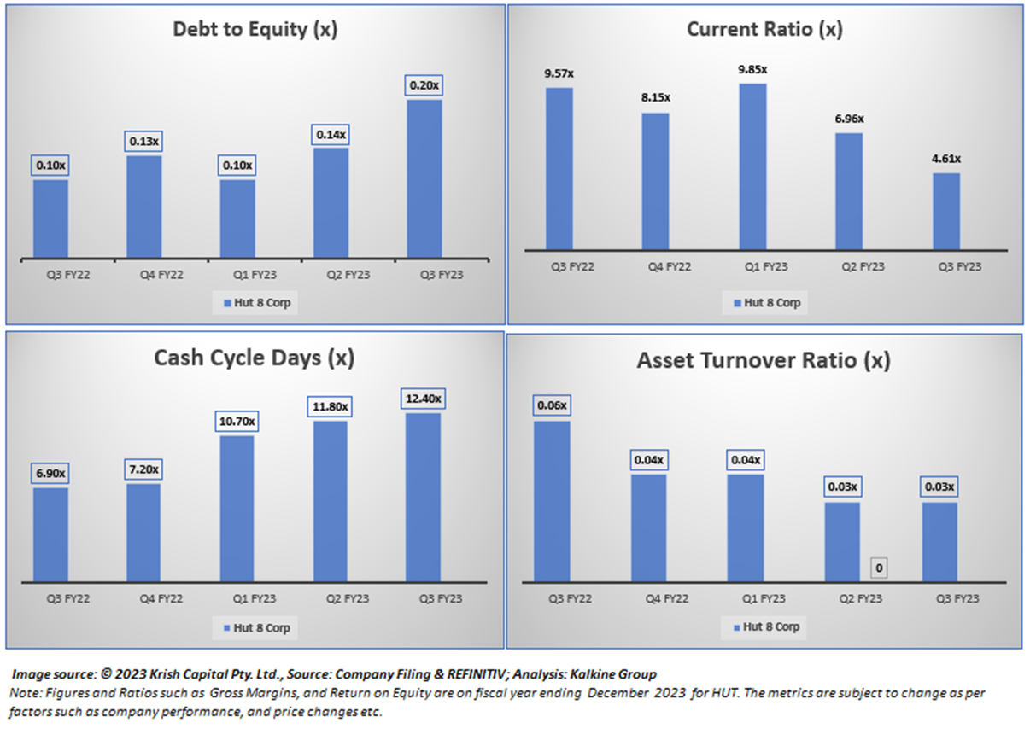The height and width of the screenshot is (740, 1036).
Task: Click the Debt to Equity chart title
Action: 255,30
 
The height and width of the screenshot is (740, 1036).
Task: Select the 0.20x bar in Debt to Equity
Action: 424,178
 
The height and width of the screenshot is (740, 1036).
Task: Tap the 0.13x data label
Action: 143,141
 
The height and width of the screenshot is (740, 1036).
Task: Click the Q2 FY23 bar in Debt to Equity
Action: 330,202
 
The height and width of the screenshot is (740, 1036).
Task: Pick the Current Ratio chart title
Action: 764,30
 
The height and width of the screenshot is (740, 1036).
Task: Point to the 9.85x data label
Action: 752,69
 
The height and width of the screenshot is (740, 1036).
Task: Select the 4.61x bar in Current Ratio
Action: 945,212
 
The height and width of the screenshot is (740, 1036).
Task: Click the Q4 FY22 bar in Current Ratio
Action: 655,181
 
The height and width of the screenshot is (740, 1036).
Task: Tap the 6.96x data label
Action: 849,119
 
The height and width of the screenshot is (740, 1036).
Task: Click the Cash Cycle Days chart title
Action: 254,358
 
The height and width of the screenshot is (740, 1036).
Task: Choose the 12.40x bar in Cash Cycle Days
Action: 423,497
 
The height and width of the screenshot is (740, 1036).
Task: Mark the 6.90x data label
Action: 50,473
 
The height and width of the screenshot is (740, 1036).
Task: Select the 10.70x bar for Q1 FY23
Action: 237,509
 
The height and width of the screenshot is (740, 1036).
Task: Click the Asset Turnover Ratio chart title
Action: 764,360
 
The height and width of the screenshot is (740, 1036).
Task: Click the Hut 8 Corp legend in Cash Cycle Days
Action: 255,628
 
